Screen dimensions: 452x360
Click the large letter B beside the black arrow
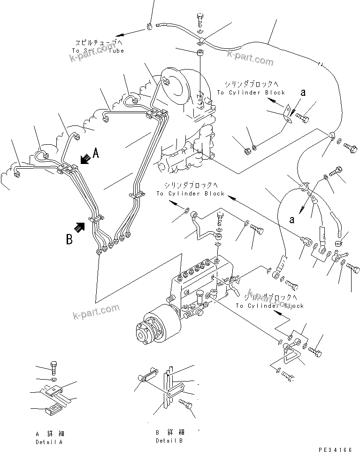[x=69, y=239]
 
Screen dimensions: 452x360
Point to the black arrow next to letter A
[x=85, y=159]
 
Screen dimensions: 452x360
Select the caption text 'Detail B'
[x=169, y=440]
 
